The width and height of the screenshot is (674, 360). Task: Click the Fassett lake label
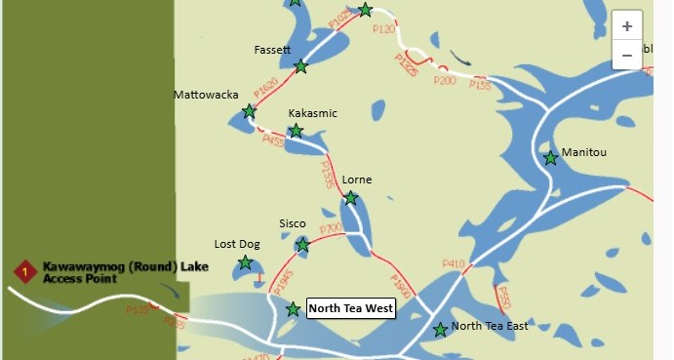click(272, 49)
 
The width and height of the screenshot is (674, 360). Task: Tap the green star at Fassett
click(301, 66)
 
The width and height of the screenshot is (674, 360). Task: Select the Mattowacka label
click(205, 95)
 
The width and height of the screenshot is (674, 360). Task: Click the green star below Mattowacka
click(249, 111)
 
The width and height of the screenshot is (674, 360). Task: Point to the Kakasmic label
click(312, 113)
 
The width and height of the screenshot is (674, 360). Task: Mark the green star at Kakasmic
click(296, 131)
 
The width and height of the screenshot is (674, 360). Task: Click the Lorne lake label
click(357, 180)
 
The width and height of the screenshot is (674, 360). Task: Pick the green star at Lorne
click(351, 198)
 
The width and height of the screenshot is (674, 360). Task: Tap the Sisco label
click(293, 223)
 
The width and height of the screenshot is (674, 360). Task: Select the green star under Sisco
click(302, 244)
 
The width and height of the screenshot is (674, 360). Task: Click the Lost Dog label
click(237, 244)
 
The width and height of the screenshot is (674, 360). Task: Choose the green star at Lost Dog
click(245, 262)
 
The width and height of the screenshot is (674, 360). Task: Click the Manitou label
click(585, 153)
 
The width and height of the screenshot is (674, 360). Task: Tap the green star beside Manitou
click(551, 157)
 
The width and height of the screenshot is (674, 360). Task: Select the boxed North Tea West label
click(350, 309)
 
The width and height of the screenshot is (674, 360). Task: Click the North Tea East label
click(490, 326)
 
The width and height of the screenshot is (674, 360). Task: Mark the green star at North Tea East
click(440, 330)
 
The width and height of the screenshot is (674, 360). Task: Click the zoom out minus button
click(626, 56)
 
